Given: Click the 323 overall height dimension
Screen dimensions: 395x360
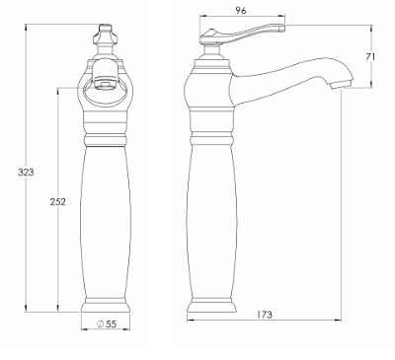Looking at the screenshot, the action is (x=26, y=172).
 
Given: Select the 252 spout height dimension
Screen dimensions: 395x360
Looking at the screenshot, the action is (x=58, y=201).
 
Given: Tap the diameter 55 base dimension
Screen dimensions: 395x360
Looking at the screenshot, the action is (x=107, y=324).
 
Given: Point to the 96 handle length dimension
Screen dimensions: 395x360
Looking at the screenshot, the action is (x=241, y=11).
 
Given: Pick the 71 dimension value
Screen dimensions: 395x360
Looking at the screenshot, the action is (x=370, y=56).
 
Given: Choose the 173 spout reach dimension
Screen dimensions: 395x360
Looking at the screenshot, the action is (x=265, y=315).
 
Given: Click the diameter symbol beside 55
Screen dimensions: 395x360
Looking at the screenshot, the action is (x=100, y=324).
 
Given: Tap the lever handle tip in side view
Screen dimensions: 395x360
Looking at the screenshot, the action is (x=282, y=28).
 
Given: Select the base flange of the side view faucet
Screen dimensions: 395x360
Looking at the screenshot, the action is (x=211, y=306).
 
